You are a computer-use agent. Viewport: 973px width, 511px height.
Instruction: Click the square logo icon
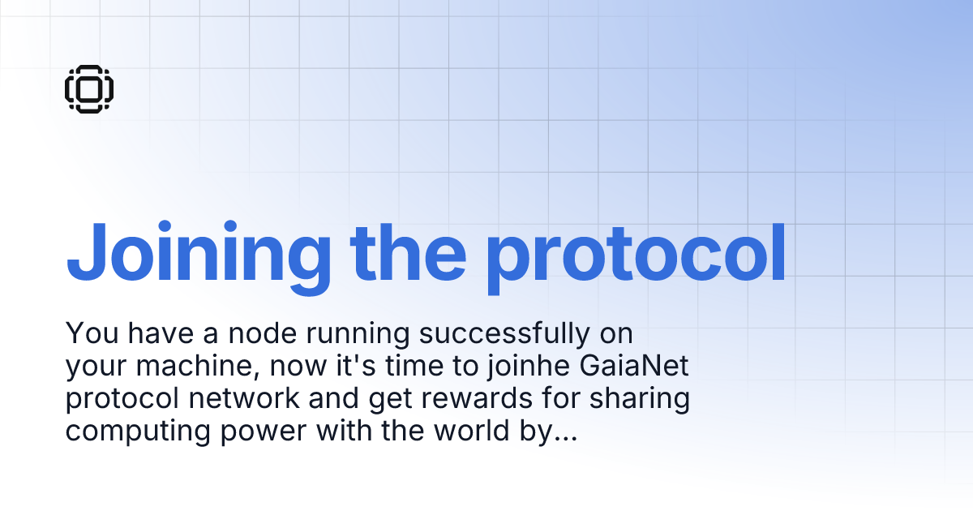point(89,88)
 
